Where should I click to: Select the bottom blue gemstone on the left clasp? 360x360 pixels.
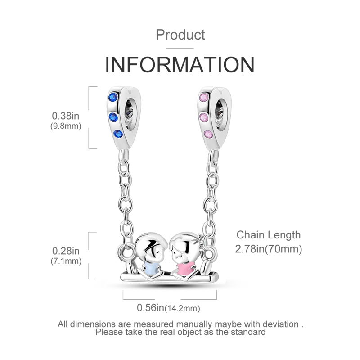click(118, 133)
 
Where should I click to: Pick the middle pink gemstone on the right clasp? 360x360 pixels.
click(203, 117)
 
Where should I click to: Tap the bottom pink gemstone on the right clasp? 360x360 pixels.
click(208, 134)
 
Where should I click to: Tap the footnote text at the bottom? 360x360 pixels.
click(180, 328)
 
